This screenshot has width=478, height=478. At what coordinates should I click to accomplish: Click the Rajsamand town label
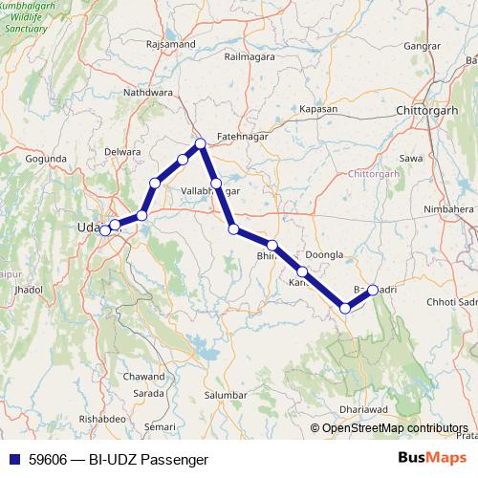[171, 44]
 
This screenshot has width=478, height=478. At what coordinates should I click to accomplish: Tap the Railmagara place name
[250, 56]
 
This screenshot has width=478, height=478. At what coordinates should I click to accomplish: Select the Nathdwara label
[148, 93]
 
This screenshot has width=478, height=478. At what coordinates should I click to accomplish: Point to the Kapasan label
[318, 109]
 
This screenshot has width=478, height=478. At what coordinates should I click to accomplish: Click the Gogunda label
[47, 158]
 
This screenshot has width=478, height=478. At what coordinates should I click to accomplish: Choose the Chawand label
[144, 377]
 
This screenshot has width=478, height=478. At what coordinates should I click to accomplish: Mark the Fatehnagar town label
[240, 136]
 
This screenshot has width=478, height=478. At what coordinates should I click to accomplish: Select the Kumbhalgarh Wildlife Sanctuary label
[33, 19]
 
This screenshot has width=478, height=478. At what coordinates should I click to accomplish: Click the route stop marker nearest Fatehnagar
[201, 144]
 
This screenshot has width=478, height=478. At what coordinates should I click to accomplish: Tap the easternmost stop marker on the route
[373, 290]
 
